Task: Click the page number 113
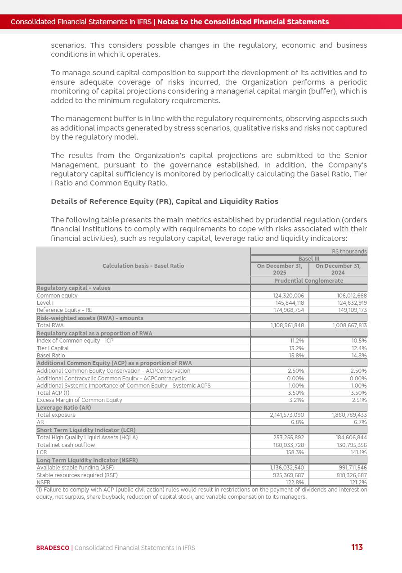click(357, 547)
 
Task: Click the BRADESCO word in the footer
click(53, 548)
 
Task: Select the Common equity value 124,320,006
click(288, 296)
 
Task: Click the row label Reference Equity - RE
click(64, 310)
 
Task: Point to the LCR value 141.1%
click(358, 452)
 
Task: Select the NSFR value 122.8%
click(295, 483)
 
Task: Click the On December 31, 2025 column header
click(279, 269)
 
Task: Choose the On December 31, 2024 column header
click(338, 269)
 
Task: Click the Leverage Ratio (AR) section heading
click(64, 407)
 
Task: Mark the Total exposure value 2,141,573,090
click(287, 415)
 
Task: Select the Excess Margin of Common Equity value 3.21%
click(296, 400)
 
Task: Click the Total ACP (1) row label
click(53, 393)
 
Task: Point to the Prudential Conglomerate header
click(308, 281)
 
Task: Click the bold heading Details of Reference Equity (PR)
click(164, 201)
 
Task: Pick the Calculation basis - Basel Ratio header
click(143, 266)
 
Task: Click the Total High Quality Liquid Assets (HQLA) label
click(87, 437)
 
